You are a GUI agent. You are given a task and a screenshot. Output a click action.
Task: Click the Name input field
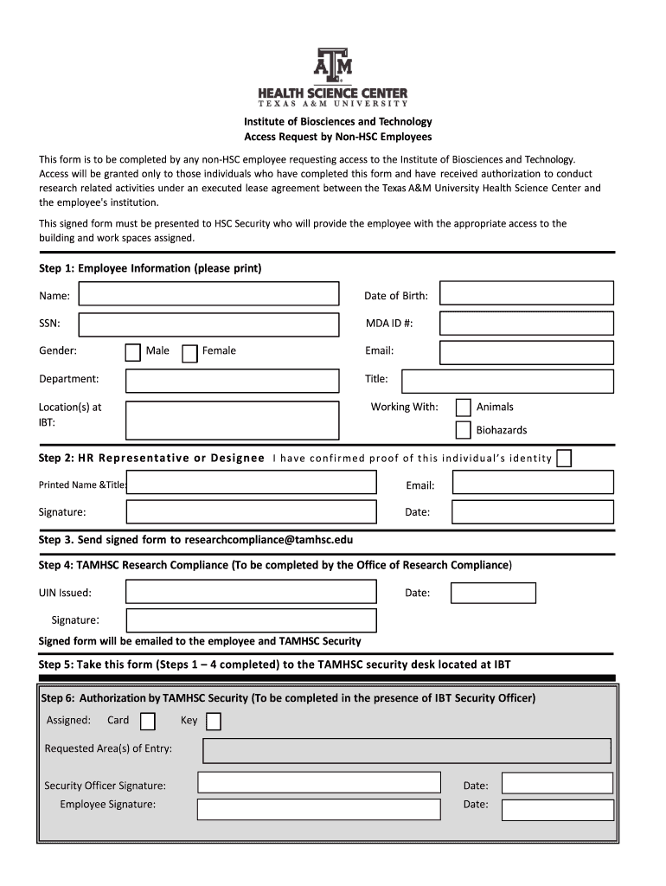(x=208, y=294)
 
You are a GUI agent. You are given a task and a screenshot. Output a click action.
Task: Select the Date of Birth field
(x=527, y=293)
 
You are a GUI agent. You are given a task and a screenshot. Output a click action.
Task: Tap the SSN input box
(x=208, y=324)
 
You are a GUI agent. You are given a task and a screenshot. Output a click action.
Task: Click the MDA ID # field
(x=527, y=324)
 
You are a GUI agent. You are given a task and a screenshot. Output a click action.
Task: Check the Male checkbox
(x=132, y=352)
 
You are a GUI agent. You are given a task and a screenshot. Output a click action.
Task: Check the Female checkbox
(x=190, y=352)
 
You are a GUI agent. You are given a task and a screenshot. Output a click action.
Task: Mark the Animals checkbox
(x=464, y=408)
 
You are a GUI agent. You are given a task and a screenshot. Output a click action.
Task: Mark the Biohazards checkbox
(x=464, y=430)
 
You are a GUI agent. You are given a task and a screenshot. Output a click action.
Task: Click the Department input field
(x=232, y=381)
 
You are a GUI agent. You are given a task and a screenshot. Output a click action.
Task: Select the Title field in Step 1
(x=508, y=381)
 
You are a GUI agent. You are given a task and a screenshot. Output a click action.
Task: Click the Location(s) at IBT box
(x=232, y=420)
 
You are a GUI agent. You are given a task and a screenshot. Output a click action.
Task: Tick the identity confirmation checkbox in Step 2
(x=564, y=458)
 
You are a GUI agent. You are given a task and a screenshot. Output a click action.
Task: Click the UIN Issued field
(x=251, y=592)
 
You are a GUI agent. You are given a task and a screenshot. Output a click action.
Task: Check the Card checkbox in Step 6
(x=148, y=721)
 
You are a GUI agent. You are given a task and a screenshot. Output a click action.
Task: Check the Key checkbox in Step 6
(x=213, y=721)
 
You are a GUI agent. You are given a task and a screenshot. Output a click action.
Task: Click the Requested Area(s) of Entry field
(x=407, y=750)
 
